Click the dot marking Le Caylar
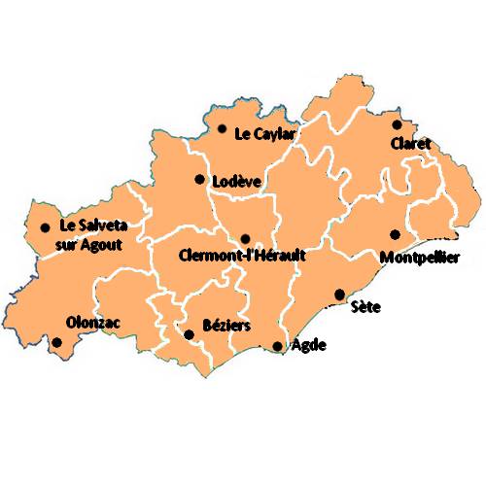tap(223, 128)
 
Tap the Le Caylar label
tap(264, 134)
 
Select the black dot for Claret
tap(397, 124)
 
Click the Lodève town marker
tap(199, 179)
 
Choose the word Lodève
tap(238, 182)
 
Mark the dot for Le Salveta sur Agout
tap(45, 228)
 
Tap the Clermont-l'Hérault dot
tap(245, 238)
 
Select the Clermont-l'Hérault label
tap(243, 257)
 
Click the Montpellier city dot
tap(395, 234)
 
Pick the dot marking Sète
tap(339, 294)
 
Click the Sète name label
tap(366, 308)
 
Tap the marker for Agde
tap(278, 346)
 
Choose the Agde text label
tap(309, 345)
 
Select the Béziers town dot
tap(190, 334)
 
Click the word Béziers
tap(226, 326)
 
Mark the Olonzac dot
tap(57, 342)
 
